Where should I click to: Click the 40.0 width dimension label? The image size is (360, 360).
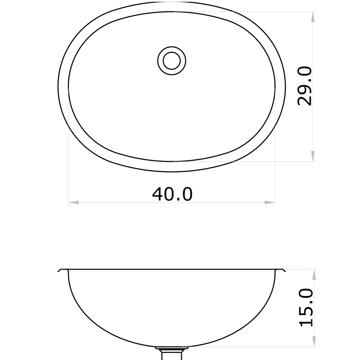pos(172,194)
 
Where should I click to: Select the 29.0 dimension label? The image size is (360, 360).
pos(305,86)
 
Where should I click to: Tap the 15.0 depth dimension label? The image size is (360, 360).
pos(306,307)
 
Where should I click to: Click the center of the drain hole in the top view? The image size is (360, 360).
pos(172,61)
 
